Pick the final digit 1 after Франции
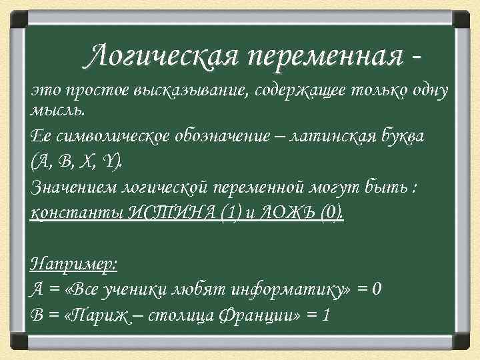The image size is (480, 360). [325, 314]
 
